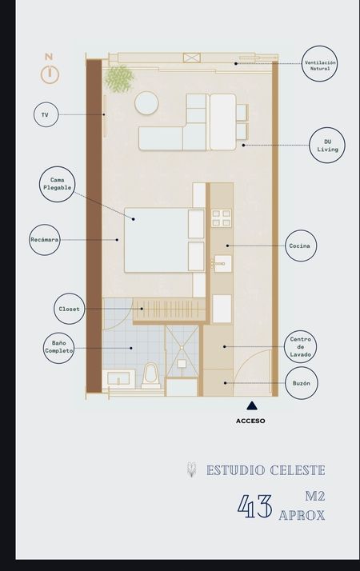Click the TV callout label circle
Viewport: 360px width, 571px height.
tap(46, 114)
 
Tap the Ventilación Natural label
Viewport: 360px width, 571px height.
tap(319, 64)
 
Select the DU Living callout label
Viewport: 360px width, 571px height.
tap(327, 146)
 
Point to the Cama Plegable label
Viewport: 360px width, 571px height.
tap(58, 184)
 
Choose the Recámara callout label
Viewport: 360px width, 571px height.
tap(45, 240)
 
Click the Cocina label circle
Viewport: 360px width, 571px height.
tap(301, 246)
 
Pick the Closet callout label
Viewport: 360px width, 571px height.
tap(70, 309)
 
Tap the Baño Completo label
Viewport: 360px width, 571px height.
tap(58, 347)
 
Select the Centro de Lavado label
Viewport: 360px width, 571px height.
tap(301, 347)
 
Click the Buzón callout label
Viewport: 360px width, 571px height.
tap(302, 383)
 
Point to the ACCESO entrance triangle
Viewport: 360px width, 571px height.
tap(252, 405)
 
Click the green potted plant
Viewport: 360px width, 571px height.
tap(118, 78)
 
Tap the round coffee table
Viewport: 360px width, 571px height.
tap(146, 103)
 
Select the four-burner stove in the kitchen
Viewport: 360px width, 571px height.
tap(221, 218)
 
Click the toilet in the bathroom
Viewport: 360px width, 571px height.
tap(151, 375)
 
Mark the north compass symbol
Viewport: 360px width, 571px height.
tap(50, 70)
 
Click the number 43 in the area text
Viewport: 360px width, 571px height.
tap(254, 506)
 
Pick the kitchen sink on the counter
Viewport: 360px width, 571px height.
tap(222, 263)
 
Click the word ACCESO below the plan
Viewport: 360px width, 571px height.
tap(250, 421)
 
